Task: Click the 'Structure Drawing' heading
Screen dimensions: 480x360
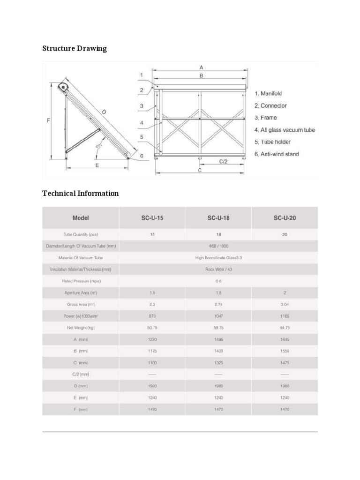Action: [75, 49]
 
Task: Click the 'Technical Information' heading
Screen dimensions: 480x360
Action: [80, 193]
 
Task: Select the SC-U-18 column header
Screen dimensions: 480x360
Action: [218, 218]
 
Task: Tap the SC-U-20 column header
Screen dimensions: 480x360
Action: [285, 218]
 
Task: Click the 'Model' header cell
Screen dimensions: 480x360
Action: [81, 218]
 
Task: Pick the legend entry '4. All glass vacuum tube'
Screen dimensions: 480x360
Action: [285, 130]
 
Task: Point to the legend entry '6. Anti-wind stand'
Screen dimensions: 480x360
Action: [277, 154]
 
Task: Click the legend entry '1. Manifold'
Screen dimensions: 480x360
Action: [268, 94]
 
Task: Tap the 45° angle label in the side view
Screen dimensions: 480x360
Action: [98, 147]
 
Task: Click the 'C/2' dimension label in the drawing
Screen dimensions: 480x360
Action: [224, 161]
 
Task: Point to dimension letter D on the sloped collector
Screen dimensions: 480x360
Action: [104, 112]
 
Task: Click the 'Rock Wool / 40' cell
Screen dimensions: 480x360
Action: [218, 270]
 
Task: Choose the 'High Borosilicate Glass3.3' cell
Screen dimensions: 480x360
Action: [218, 258]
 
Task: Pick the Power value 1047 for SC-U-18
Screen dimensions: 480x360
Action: [218, 316]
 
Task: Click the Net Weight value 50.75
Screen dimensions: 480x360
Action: [152, 328]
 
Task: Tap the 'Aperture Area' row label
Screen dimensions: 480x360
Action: [81, 293]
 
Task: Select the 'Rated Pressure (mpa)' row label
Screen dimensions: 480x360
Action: [81, 281]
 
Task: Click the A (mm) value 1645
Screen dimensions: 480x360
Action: [285, 339]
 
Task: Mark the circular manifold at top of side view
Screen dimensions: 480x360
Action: [62, 87]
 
